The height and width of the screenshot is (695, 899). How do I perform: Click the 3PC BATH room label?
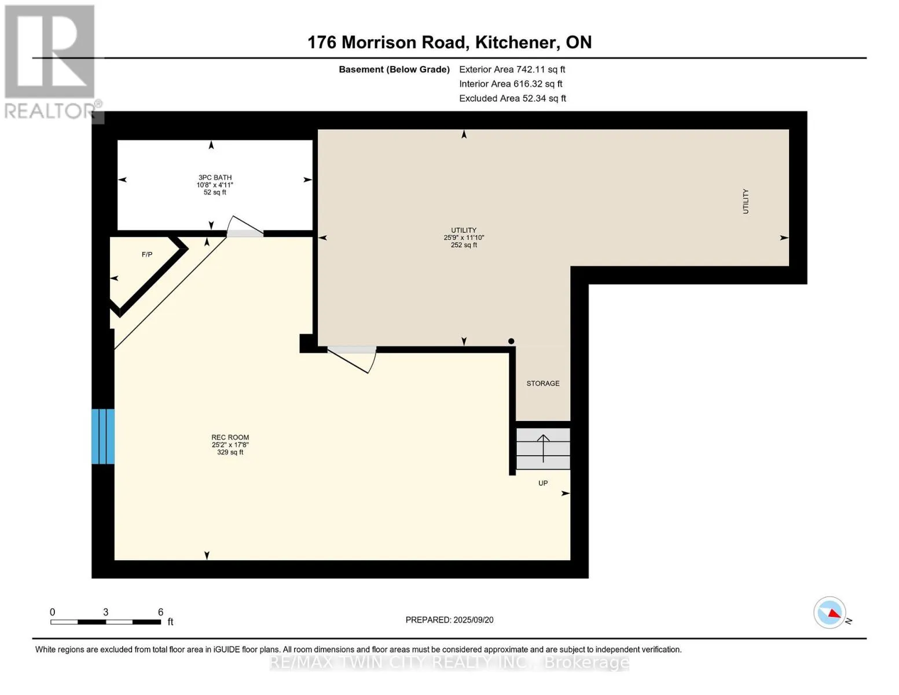tap(215, 178)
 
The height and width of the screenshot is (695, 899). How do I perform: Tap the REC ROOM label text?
tap(230, 437)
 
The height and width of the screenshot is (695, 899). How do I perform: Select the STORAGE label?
tap(543, 383)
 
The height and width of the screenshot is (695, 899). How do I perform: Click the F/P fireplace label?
tap(147, 255)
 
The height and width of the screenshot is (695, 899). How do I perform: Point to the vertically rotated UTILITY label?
tap(746, 201)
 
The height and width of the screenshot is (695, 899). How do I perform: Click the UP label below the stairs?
tap(543, 483)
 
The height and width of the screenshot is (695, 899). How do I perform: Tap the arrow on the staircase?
tap(543, 448)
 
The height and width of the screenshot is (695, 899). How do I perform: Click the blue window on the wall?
tap(103, 436)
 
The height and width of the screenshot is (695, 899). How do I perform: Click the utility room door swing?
tap(352, 360)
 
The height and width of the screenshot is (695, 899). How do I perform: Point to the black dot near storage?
tap(511, 341)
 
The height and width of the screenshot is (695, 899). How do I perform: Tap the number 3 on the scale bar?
tap(105, 612)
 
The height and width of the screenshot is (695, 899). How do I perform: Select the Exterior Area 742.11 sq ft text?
tap(512, 69)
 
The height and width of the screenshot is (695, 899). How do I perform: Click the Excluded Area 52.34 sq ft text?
tap(512, 98)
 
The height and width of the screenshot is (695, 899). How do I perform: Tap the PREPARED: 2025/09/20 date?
tap(449, 620)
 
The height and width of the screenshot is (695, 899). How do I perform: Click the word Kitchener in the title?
tap(515, 42)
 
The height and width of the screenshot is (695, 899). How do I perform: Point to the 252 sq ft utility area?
tap(464, 245)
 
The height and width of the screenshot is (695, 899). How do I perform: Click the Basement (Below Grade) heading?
tap(394, 69)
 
